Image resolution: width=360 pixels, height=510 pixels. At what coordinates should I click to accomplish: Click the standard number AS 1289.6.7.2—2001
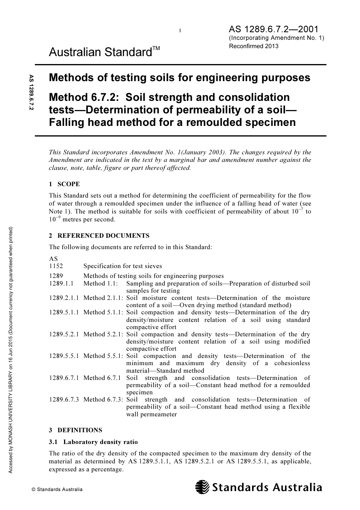tap(273, 29)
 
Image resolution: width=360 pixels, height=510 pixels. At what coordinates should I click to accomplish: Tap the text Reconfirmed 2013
tap(254, 46)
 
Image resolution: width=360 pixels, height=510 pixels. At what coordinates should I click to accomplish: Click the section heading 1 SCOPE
tap(64, 184)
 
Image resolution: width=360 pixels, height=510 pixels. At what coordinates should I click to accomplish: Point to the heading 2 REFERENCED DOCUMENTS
tap(99, 235)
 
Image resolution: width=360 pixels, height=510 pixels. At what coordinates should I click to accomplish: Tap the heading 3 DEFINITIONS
tap(75, 430)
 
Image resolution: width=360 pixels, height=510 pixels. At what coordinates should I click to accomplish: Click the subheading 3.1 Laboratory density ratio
tap(93, 442)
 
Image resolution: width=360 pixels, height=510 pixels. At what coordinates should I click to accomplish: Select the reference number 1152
tap(56, 266)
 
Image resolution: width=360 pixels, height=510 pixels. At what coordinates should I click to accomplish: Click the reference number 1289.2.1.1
tap(64, 298)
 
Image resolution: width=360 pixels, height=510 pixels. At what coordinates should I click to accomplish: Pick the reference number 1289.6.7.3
tap(64, 399)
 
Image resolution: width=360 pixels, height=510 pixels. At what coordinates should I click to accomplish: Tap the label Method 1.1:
tap(100, 283)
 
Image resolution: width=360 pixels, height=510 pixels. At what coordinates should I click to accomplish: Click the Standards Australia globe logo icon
tap(202, 487)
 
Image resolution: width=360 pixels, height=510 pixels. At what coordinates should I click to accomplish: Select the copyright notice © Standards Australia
tap(57, 489)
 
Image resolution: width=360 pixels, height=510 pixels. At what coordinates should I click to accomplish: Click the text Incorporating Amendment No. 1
tap(276, 38)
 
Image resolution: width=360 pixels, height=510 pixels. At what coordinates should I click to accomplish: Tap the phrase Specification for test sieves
tap(122, 266)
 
